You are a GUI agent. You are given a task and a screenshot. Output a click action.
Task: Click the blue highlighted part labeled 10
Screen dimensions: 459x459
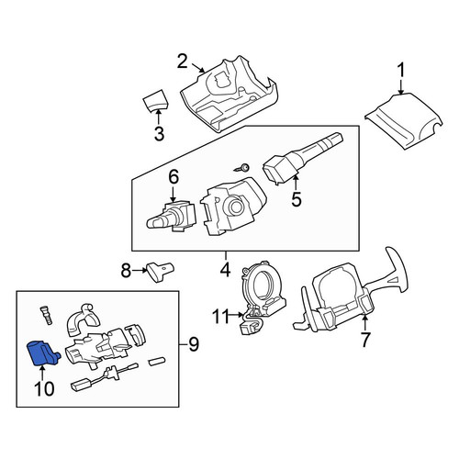[x=42, y=353]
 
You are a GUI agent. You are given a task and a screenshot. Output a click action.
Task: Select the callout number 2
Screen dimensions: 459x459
[x=183, y=62]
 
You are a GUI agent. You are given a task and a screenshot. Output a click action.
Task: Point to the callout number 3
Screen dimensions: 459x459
[x=159, y=134]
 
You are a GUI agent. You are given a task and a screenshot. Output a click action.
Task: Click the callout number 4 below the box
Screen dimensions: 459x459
[x=225, y=270]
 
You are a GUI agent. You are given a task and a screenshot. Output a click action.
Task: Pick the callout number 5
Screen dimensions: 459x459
[x=297, y=199]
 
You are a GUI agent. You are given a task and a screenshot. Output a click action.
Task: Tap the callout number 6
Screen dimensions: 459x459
[x=174, y=177]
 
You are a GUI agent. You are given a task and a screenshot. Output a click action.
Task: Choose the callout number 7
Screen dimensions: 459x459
[x=364, y=340]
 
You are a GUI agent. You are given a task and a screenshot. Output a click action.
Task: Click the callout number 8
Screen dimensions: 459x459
[x=126, y=270]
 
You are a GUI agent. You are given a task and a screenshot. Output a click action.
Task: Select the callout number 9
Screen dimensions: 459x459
[x=194, y=344]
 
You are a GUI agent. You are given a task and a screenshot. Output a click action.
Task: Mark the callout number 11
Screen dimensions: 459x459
[x=221, y=317]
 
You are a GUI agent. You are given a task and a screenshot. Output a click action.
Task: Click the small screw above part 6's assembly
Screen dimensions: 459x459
[x=241, y=168]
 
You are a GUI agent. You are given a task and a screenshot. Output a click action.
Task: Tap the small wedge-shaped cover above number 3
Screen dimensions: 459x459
[x=156, y=99]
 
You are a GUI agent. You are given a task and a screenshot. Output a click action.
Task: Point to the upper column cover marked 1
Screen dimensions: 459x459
[x=403, y=121]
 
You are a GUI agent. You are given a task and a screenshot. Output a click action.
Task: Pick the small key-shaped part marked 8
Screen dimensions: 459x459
[x=160, y=271]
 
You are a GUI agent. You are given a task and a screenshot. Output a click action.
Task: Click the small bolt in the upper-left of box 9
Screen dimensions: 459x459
[x=45, y=316]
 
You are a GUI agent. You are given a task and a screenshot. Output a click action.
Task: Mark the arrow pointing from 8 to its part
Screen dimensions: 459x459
[x=140, y=270]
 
